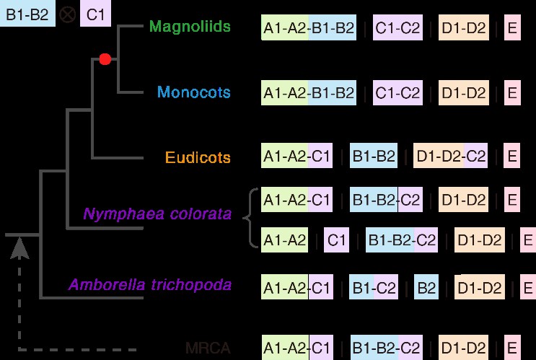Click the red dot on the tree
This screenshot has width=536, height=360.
point(105,59)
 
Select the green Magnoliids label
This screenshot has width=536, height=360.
point(190,26)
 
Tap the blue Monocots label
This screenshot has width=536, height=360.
point(194,92)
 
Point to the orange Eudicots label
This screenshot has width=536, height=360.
point(198,157)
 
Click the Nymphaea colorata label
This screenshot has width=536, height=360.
point(157,214)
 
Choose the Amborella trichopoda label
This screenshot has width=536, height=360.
point(150,284)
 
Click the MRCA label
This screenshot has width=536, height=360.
point(208,348)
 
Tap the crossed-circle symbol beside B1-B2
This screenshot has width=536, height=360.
point(67,14)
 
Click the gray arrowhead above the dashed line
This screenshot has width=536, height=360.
point(19,248)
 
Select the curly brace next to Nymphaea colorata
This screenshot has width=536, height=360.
point(250,217)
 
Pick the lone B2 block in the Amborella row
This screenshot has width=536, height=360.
point(426,287)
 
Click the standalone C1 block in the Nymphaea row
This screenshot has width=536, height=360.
point(336,240)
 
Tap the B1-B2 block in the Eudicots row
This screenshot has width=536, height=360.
point(374,156)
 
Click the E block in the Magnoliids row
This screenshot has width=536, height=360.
point(512,27)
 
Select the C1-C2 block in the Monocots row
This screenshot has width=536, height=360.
point(397,92)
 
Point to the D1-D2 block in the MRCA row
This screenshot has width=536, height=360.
point(463,348)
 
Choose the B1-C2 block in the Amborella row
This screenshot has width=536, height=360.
point(374,287)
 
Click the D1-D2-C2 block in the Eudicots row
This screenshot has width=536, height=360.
point(451,156)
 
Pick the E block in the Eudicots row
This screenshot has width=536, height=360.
point(512,156)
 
